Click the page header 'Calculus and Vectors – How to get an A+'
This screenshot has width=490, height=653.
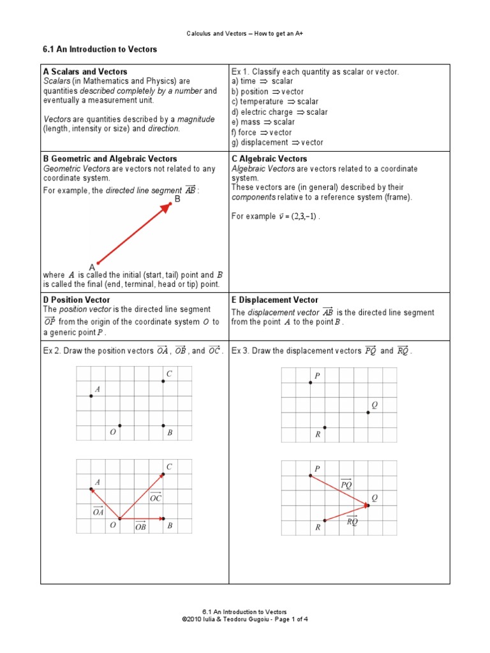tap(245, 33)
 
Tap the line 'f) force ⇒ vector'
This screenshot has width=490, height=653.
tap(262, 133)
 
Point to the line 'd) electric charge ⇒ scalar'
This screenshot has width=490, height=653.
tap(279, 112)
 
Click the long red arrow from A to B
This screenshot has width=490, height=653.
tap(134, 233)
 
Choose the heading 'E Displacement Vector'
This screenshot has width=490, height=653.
tap(275, 300)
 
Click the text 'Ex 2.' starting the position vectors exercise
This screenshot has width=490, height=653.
tap(52, 351)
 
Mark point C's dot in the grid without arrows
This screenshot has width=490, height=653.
tap(163, 381)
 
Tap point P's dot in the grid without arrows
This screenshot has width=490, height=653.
tap(311, 383)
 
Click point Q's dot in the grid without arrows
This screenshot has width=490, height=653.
tap(368, 413)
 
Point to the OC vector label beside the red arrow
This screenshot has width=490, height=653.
tap(155, 498)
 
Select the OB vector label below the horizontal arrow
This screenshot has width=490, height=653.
tap(141, 527)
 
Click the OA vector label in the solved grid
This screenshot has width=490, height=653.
tap(98, 511)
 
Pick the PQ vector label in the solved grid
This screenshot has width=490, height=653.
tap(346, 485)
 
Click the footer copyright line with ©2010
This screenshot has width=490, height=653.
tap(245, 619)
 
